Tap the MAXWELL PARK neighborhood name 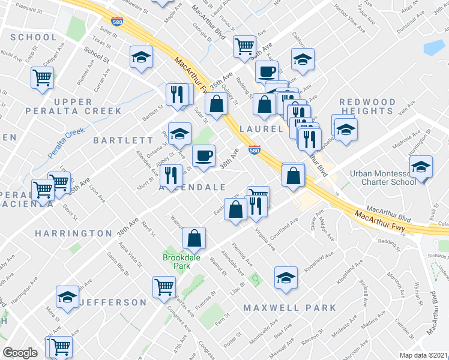290,308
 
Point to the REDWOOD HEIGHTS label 367,107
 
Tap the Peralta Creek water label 67,142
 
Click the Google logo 20,353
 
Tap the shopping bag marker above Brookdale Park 194,239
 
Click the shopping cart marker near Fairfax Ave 164,287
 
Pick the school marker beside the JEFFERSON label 67,297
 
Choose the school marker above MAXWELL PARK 286,278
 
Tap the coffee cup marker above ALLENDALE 203,156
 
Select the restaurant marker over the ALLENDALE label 172,175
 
